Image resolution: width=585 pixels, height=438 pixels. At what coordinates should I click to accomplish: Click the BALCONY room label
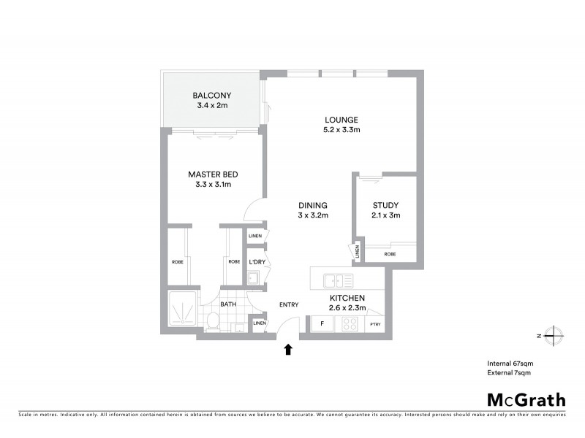click(212, 96)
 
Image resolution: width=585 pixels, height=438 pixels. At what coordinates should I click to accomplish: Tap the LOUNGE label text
click(342, 120)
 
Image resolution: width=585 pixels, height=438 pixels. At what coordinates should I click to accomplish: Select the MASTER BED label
click(213, 174)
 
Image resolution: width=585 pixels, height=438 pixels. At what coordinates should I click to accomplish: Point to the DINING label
click(312, 206)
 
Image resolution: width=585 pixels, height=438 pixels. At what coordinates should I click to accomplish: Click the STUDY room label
click(385, 206)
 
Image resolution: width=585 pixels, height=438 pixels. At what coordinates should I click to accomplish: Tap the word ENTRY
click(289, 305)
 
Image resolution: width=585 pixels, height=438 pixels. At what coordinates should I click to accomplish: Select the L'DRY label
click(257, 262)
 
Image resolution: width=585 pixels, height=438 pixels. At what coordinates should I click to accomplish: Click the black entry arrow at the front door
click(287, 350)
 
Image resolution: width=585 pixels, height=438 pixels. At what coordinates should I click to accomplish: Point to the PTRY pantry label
click(375, 324)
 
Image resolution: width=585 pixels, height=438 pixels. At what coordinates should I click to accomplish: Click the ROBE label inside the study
click(390, 254)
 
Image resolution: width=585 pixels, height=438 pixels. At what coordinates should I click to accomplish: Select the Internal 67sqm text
click(509, 363)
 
